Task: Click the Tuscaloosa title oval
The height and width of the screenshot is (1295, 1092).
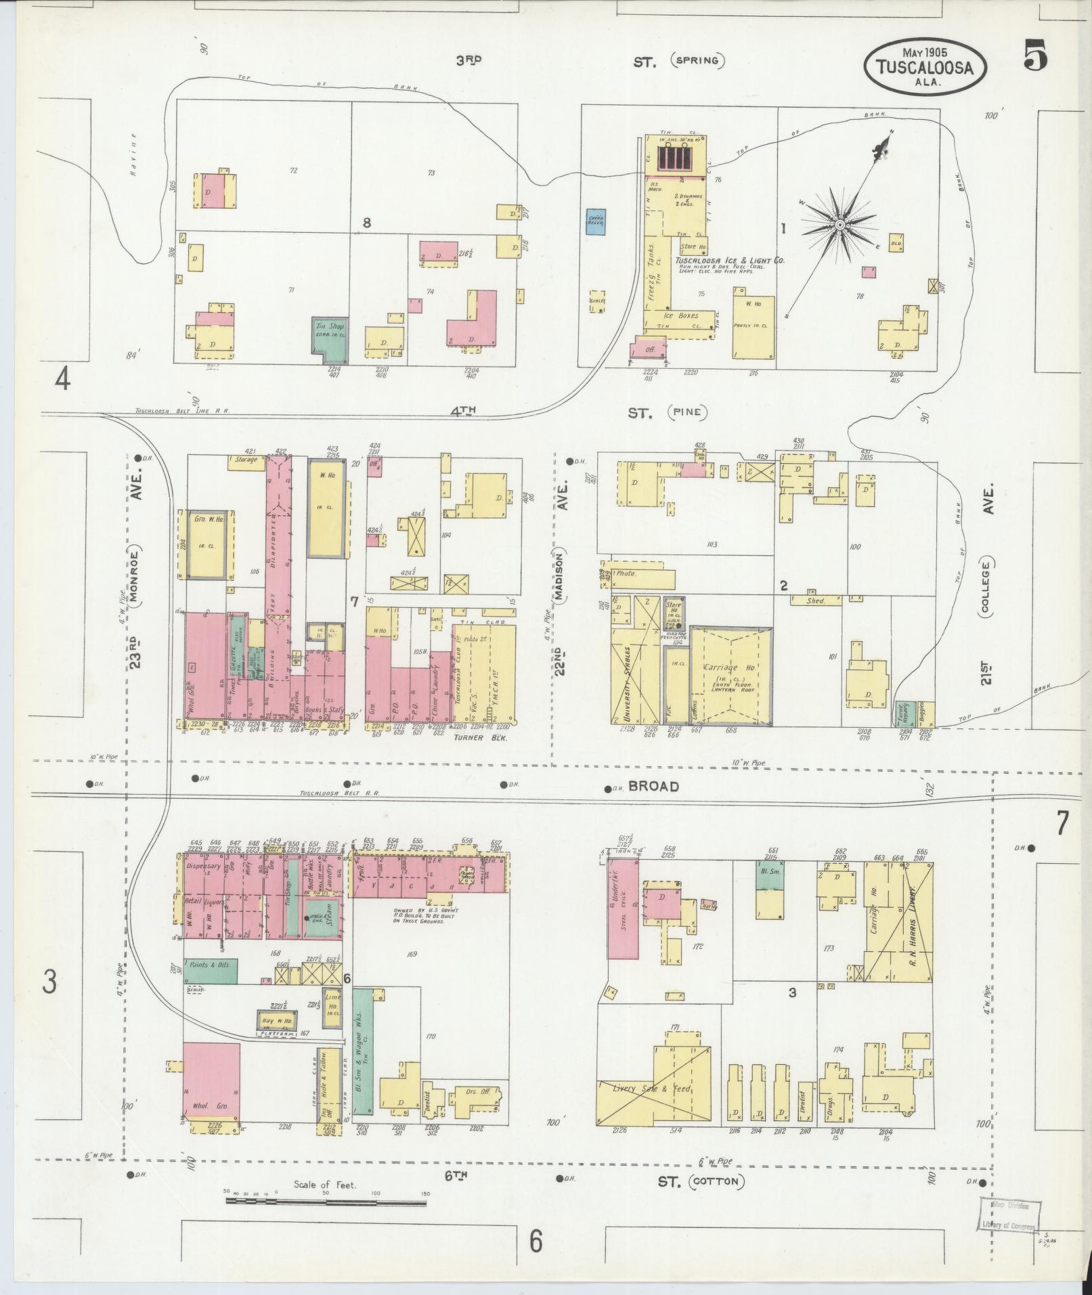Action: click(924, 66)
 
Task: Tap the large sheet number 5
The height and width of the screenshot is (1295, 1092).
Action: click(1035, 56)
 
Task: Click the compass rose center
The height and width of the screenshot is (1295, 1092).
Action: click(839, 224)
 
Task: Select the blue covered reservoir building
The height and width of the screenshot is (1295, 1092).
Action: click(596, 221)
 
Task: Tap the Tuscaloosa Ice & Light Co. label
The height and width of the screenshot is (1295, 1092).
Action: click(729, 260)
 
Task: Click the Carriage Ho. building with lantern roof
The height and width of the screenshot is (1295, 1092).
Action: click(730, 674)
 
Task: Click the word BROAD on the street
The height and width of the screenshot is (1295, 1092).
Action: click(653, 786)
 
